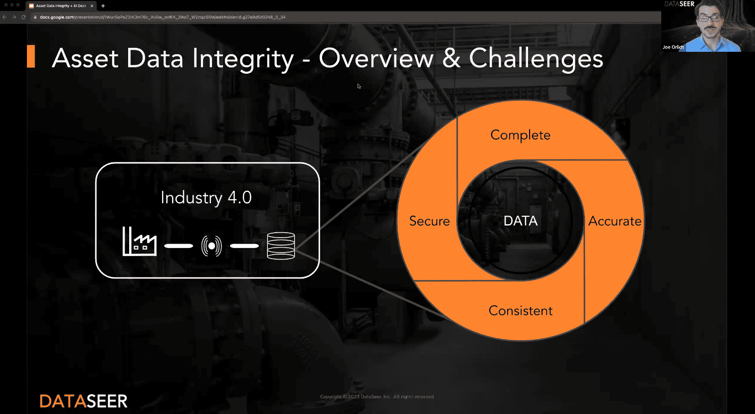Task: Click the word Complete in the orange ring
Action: click(x=520, y=135)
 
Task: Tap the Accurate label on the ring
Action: click(x=614, y=221)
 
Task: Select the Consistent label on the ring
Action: click(x=520, y=311)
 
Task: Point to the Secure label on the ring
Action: click(x=429, y=221)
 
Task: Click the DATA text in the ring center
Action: click(x=520, y=221)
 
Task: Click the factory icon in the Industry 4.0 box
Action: click(x=139, y=242)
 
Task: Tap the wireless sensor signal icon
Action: click(x=211, y=246)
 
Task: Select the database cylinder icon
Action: click(x=281, y=246)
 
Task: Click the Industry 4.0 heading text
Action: click(x=206, y=198)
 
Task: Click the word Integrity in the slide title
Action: click(x=243, y=59)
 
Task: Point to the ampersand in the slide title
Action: click(x=451, y=58)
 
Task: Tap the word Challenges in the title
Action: click(x=536, y=58)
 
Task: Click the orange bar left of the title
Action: click(x=31, y=56)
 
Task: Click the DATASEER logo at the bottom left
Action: click(x=83, y=401)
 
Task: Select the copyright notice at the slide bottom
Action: click(x=377, y=397)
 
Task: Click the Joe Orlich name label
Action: click(x=673, y=47)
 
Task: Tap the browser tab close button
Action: click(x=92, y=6)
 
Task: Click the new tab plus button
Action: click(x=103, y=6)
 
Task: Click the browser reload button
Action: click(x=23, y=17)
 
